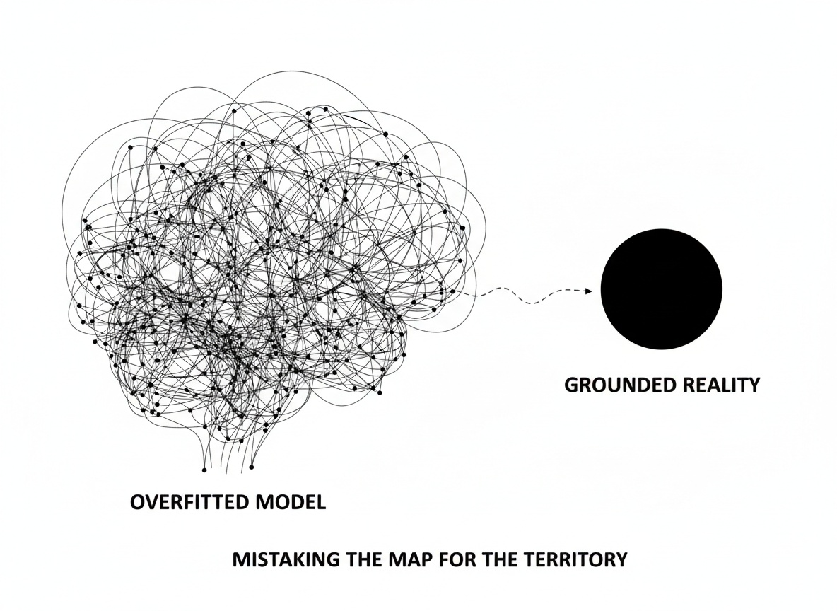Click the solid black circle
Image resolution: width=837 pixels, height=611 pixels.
(x=661, y=289)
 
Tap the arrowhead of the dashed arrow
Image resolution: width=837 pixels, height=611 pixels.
(x=588, y=291)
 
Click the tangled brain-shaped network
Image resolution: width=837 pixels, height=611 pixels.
(x=269, y=269)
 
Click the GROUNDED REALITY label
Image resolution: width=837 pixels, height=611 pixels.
(x=662, y=385)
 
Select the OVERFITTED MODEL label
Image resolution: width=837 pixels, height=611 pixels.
(x=228, y=503)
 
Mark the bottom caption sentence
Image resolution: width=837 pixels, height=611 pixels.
(x=430, y=559)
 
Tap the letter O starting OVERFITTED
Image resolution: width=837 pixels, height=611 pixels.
(x=139, y=503)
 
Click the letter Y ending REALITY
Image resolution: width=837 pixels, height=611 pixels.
(x=753, y=385)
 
